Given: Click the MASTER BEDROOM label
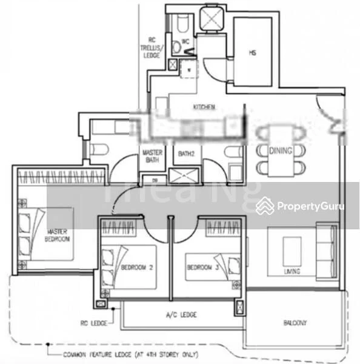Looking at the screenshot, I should pos(58,235).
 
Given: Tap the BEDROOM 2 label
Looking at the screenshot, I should pos(133,267).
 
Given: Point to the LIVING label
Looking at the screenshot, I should pos(292,271).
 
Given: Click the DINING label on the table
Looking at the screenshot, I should pos(281,150).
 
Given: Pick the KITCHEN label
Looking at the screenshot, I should pos(204,107).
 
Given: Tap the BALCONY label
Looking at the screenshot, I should pos(293,323).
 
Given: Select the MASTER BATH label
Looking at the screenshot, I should pos(151,157).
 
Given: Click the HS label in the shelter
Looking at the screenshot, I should pos(252,53).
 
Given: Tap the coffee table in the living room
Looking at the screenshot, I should pos(292,248).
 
